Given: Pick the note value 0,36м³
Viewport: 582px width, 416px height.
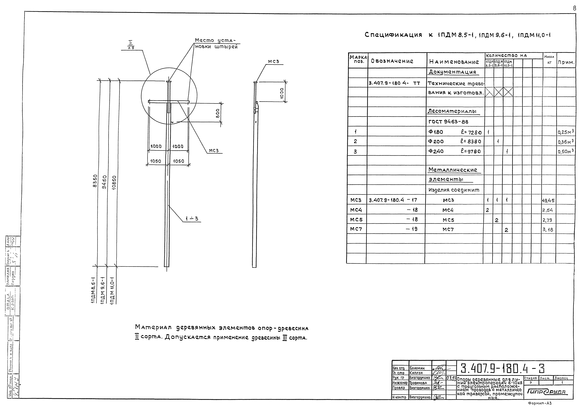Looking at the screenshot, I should (x=566, y=141).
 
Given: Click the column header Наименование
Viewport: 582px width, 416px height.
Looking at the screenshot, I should (x=454, y=62).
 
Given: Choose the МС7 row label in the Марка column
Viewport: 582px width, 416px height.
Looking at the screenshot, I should (x=356, y=229).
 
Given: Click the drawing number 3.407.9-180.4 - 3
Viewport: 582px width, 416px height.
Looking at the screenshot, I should (x=503, y=369).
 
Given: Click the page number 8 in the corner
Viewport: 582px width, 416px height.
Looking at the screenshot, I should (x=575, y=8).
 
